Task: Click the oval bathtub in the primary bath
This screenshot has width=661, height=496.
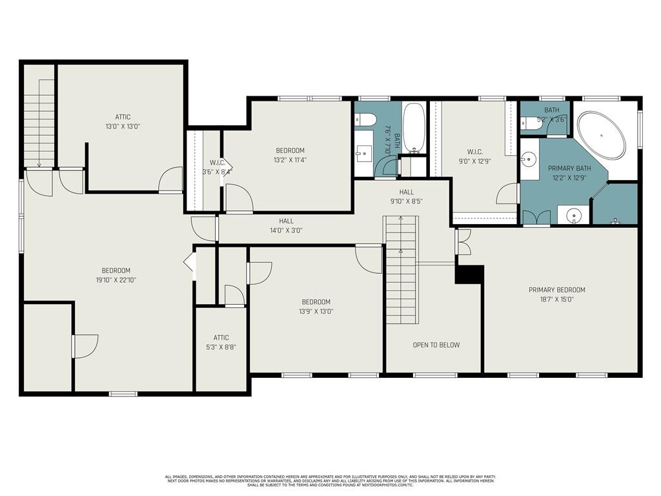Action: click(601, 136)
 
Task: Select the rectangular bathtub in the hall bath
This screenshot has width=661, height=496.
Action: click(414, 129)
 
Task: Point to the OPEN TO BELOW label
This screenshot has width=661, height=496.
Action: click(436, 345)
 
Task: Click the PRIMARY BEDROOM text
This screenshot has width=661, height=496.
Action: click(556, 290)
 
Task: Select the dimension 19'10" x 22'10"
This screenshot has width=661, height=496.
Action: click(116, 280)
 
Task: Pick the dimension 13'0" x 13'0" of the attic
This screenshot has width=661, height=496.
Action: click(123, 127)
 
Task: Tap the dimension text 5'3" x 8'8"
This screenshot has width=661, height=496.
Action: click(221, 347)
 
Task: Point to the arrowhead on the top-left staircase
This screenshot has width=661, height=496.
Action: click(39, 165)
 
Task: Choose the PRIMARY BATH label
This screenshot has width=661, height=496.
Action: click(565, 168)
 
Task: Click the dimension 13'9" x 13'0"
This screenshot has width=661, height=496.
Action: click(316, 311)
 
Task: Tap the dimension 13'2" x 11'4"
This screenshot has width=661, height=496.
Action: click(290, 160)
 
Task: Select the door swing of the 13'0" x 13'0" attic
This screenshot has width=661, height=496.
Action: click(171, 180)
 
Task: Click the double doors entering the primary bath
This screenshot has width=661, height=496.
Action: click(536, 218)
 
